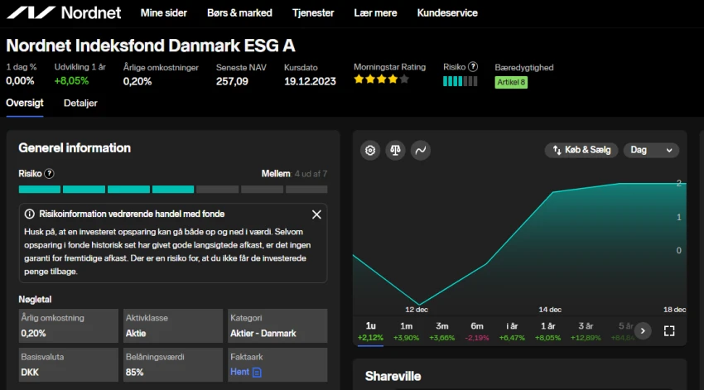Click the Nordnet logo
(x=63, y=12)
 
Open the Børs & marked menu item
(x=239, y=13)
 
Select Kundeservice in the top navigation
(x=447, y=13)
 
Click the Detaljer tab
(x=80, y=103)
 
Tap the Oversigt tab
(x=24, y=103)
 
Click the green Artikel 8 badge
(x=511, y=82)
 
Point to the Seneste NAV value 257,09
(x=232, y=81)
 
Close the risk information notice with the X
(x=316, y=214)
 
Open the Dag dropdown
(x=650, y=150)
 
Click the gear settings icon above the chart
(x=370, y=150)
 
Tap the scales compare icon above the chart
(x=395, y=150)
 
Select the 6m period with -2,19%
(x=477, y=331)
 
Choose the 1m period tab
(x=406, y=331)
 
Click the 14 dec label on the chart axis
(x=550, y=310)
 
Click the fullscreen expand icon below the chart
(x=669, y=331)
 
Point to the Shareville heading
(x=393, y=376)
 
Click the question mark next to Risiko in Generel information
(x=49, y=174)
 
